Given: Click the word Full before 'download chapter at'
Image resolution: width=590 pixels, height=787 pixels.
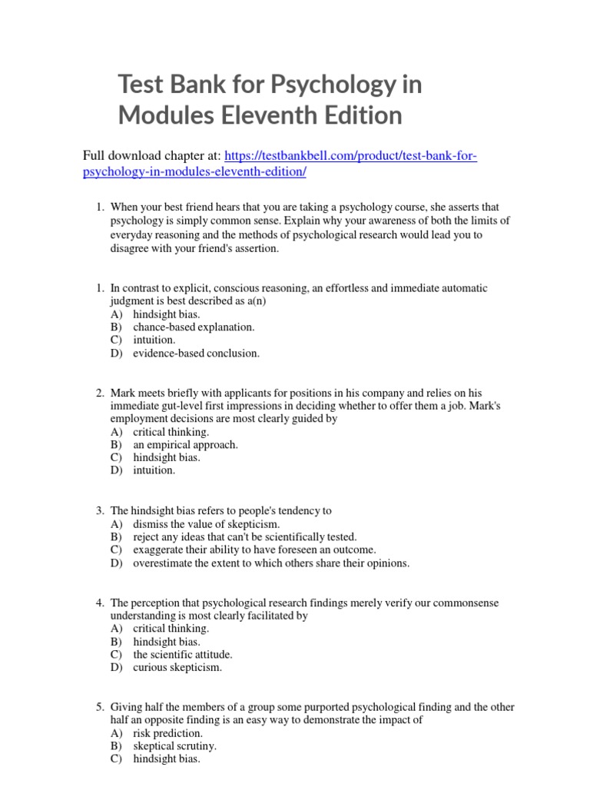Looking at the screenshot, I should [94, 157].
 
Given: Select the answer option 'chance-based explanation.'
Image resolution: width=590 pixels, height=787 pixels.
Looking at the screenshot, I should [194, 327].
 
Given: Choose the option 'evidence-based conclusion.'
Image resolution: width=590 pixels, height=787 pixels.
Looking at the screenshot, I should [196, 354].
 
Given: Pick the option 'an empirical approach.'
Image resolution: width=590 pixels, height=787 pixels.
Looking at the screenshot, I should [185, 444].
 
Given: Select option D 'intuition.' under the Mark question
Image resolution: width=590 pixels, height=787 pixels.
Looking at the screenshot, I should [154, 470].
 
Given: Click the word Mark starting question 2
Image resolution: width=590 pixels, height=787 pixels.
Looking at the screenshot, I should [124, 393].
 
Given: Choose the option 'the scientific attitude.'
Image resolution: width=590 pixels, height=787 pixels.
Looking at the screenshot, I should [183, 655].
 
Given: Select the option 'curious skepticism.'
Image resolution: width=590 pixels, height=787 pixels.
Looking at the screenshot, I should [177, 668].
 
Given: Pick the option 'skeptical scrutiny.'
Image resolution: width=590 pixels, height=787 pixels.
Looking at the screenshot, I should [174, 746].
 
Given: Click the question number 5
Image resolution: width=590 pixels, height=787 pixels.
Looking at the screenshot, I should [100, 707].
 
